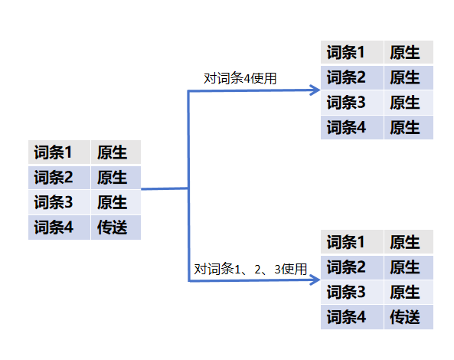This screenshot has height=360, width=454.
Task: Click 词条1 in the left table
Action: tap(53, 152)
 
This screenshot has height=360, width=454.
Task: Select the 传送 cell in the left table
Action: tap(112, 227)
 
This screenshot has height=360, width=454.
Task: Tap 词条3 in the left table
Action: tap(54, 202)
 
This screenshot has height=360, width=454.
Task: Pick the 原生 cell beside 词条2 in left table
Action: tap(112, 177)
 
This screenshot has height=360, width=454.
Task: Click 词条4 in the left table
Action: tap(54, 227)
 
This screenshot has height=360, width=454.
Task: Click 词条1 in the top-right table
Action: tap(346, 52)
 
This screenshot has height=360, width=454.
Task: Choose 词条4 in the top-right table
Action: tap(346, 127)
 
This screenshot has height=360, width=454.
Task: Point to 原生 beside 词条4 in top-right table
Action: tap(405, 127)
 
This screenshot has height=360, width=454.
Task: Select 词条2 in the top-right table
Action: tap(346, 77)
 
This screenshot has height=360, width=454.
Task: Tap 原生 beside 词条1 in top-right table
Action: tap(405, 52)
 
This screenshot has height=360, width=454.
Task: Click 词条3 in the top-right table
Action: tap(346, 103)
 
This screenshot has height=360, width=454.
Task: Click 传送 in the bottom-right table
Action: tap(405, 317)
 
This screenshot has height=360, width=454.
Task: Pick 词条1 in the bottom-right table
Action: tap(346, 242)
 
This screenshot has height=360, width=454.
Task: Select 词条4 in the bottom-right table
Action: tap(346, 317)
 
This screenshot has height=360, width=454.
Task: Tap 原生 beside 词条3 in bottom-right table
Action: tap(405, 292)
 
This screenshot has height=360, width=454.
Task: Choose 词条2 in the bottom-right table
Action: tap(346, 267)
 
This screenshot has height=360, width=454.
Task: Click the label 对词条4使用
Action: tap(240, 78)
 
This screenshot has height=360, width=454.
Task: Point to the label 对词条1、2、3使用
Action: tap(250, 269)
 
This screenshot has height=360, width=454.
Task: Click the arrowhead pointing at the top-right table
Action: tap(315, 90)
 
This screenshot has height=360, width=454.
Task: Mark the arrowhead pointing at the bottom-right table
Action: tap(315, 280)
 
